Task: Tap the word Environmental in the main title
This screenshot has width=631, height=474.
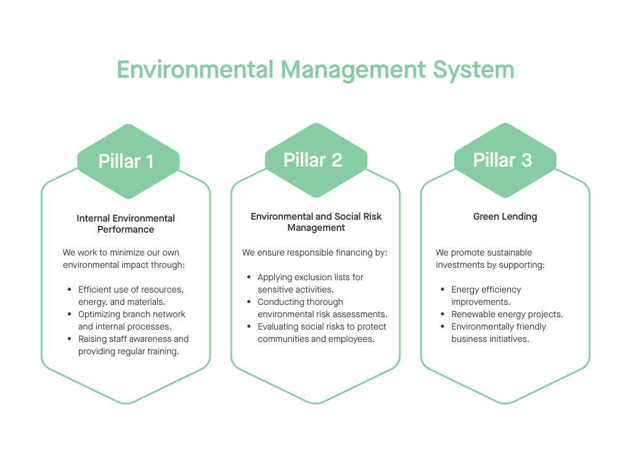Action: [195, 69]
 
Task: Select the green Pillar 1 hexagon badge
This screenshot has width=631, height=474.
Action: [128, 162]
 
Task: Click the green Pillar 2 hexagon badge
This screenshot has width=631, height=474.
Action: [315, 160]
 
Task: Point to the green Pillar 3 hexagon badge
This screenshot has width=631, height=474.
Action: [505, 160]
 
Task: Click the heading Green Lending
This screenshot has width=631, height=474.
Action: [505, 217]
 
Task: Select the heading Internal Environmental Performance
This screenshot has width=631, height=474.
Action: [126, 223]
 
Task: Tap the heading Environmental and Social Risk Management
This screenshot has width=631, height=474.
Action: [315, 222]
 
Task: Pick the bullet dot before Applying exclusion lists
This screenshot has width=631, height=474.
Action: [248, 277]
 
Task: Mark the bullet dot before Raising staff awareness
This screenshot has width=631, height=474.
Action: [69, 339]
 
